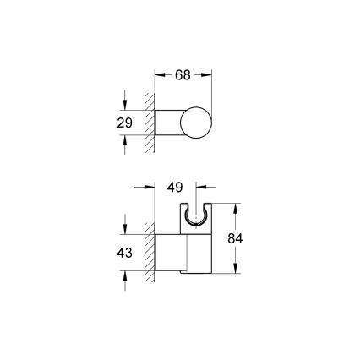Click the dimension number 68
(x=183, y=75)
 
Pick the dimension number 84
(x=237, y=238)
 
